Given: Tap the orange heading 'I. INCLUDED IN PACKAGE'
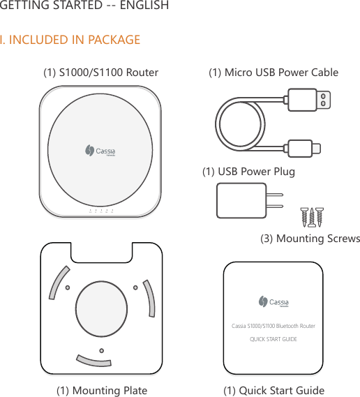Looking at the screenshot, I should (70, 40).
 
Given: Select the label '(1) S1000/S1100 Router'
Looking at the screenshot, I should (101, 72).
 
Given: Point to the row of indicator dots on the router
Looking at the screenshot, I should (101, 210).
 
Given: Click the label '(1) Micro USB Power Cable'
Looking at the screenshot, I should (273, 72).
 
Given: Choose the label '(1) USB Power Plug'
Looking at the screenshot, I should (248, 171).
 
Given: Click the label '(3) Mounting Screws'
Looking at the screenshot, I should (310, 239).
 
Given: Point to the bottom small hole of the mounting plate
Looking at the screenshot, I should (101, 350).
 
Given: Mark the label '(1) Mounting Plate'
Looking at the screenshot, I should (102, 390).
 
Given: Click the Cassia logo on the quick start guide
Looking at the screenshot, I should (273, 302).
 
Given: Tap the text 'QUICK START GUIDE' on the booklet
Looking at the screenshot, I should (273, 339).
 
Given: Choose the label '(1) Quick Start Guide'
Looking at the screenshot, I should (273, 390).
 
